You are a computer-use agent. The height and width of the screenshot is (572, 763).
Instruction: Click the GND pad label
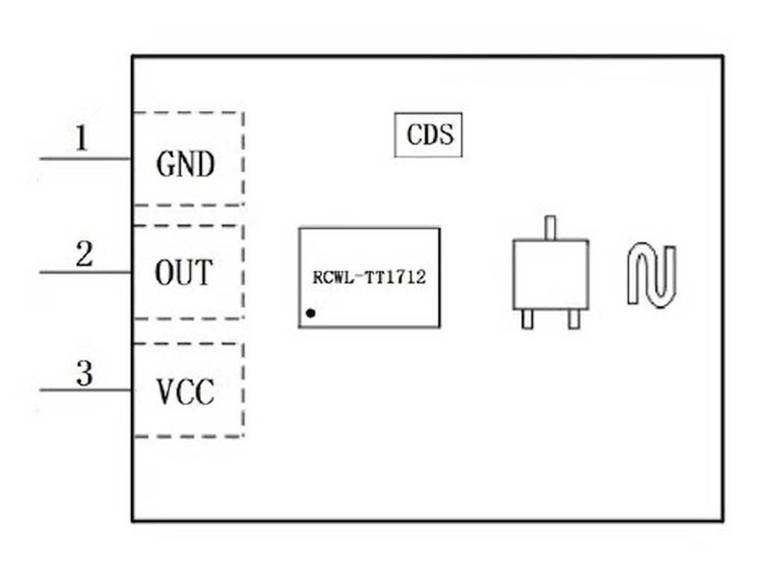tap(186, 164)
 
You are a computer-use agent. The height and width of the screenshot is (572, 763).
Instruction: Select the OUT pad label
tap(183, 273)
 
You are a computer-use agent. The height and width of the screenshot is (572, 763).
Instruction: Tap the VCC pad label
tap(186, 391)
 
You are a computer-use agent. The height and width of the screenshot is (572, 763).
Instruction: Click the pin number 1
tap(81, 139)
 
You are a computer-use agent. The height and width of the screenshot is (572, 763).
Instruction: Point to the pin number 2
tap(84, 255)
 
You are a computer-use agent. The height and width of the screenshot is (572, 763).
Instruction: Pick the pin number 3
tap(84, 374)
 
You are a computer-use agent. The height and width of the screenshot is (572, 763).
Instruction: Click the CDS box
tap(428, 135)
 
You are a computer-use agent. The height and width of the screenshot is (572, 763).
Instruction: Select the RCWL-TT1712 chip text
tap(370, 279)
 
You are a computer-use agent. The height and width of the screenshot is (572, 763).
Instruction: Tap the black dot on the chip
tap(311, 314)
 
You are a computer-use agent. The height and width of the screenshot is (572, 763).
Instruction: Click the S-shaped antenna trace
tap(651, 276)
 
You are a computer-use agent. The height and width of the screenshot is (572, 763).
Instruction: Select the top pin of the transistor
tap(550, 227)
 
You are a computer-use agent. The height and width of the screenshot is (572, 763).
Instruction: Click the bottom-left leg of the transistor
tap(528, 319)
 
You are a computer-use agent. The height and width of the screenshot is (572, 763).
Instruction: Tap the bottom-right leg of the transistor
tap(573, 319)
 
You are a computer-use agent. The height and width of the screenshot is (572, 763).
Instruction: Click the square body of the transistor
tap(550, 274)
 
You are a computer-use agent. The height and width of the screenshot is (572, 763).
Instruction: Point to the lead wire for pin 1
tap(86, 159)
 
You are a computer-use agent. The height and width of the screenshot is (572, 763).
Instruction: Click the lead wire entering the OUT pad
tap(86, 273)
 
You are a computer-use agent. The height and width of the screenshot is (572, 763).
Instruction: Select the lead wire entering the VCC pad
tap(86, 390)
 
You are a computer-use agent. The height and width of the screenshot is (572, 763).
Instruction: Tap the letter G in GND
tap(165, 164)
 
